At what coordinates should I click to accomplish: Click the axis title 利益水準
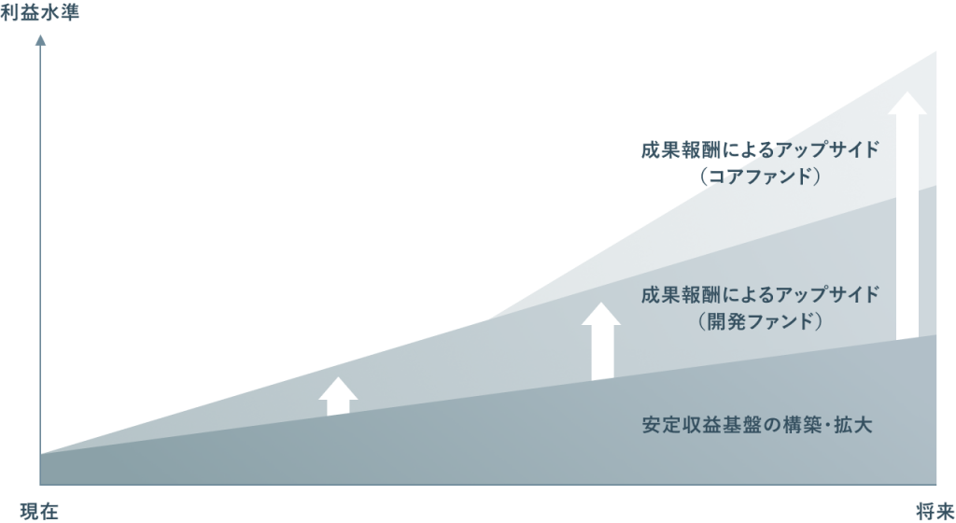(39, 13)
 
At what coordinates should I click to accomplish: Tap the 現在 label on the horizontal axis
(39, 511)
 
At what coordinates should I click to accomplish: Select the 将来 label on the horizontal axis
(935, 511)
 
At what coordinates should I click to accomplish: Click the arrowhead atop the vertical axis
(40, 40)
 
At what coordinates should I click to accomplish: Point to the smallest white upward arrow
(338, 397)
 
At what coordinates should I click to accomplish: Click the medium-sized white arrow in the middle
(601, 342)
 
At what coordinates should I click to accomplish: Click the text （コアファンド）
(760, 177)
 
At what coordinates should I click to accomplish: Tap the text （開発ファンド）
(760, 321)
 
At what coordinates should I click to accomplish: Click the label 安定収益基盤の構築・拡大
(757, 425)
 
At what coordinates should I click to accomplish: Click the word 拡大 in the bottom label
(853, 425)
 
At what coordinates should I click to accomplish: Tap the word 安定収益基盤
(699, 425)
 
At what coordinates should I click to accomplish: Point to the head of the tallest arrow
(907, 103)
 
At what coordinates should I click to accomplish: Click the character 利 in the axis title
(9, 13)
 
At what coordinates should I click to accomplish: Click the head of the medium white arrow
(601, 314)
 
